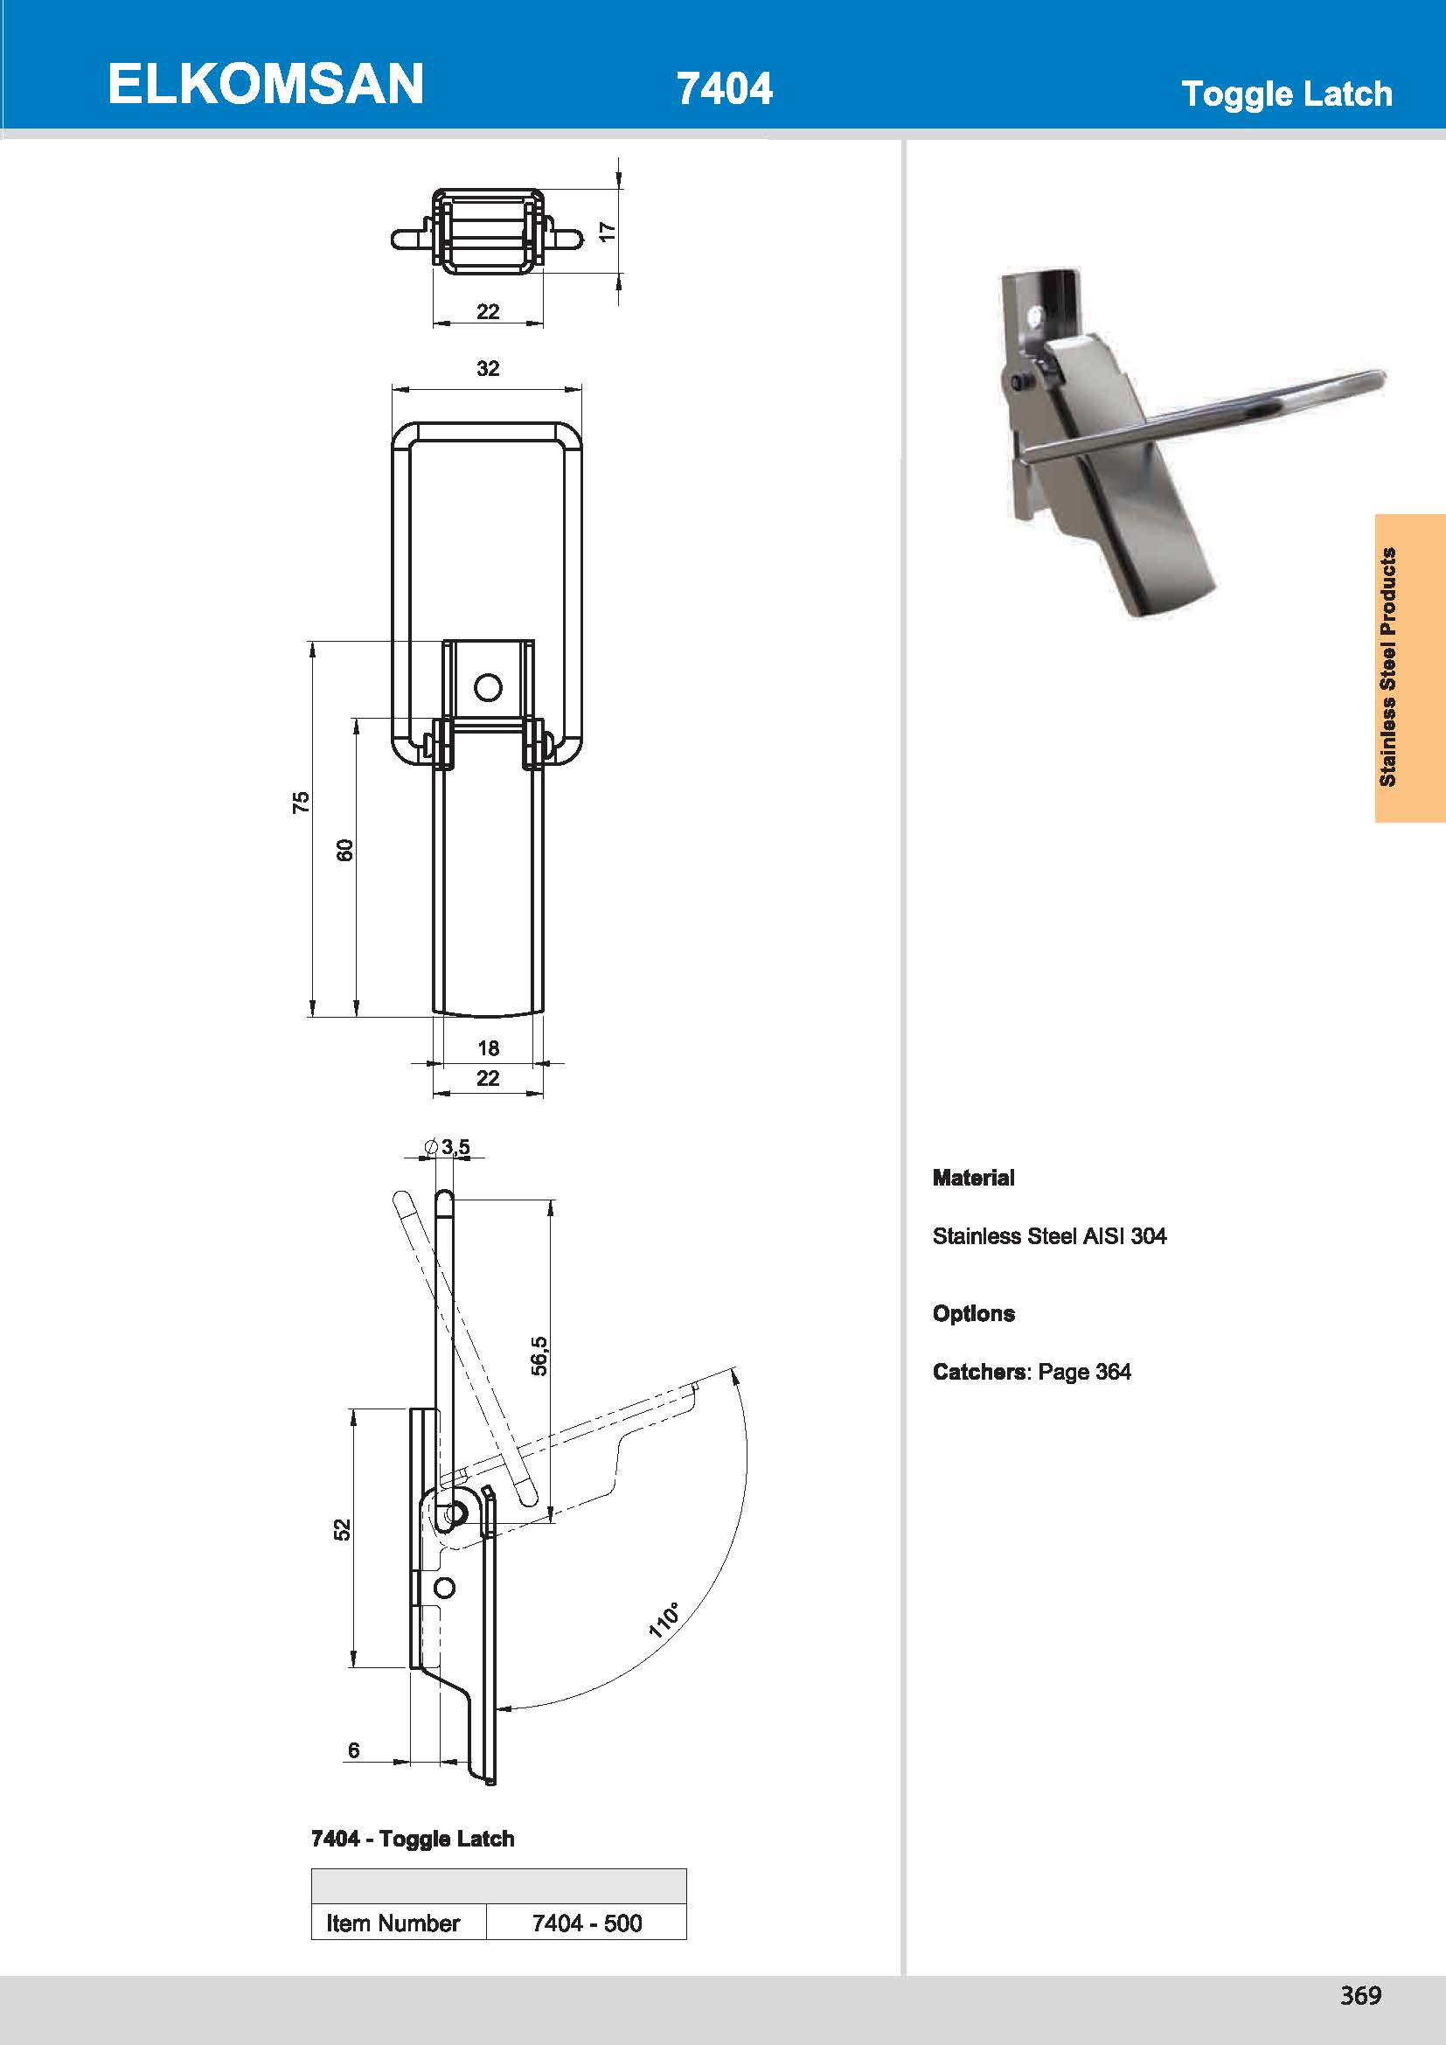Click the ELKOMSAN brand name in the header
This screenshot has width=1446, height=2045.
(266, 85)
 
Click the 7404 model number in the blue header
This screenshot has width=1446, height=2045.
(724, 89)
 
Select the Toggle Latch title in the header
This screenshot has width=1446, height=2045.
(1286, 94)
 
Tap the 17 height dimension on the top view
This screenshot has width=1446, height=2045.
(608, 232)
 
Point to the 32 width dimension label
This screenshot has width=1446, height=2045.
(488, 369)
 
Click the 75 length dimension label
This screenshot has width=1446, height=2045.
(301, 801)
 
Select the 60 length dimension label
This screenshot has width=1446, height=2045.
(344, 850)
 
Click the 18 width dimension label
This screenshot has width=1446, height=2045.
(488, 1047)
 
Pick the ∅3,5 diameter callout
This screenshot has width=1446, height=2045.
(448, 1147)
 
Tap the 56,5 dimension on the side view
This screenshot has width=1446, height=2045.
(539, 1356)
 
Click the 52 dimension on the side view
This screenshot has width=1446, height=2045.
(342, 1529)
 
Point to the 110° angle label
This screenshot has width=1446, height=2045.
(664, 1620)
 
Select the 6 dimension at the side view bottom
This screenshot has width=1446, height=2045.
(353, 1750)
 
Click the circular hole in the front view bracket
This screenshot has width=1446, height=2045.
(488, 687)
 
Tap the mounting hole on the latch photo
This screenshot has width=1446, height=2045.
(1034, 316)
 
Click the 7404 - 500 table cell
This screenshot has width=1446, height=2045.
(586, 1923)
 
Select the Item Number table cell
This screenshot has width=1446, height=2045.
(393, 1923)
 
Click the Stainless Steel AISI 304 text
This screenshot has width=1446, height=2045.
(1049, 1236)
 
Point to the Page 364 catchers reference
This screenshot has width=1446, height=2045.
(1083, 1372)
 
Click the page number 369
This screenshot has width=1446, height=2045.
(1359, 1995)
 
